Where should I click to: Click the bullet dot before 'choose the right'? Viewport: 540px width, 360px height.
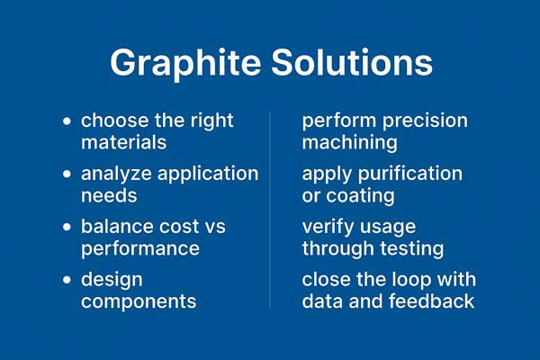(x=67, y=121)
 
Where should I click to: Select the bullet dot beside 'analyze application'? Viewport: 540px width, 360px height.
(x=67, y=174)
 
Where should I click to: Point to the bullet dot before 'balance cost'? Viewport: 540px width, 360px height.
(x=67, y=227)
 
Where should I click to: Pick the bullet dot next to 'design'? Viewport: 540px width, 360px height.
(x=67, y=280)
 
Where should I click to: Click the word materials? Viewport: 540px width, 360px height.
(x=124, y=142)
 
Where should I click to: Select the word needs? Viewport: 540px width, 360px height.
(x=107, y=195)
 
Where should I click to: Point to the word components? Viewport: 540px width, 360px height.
(x=139, y=301)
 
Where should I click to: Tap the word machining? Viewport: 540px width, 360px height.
(x=350, y=142)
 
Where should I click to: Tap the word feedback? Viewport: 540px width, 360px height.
(x=430, y=301)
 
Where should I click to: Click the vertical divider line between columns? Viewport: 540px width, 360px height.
(x=270, y=207)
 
